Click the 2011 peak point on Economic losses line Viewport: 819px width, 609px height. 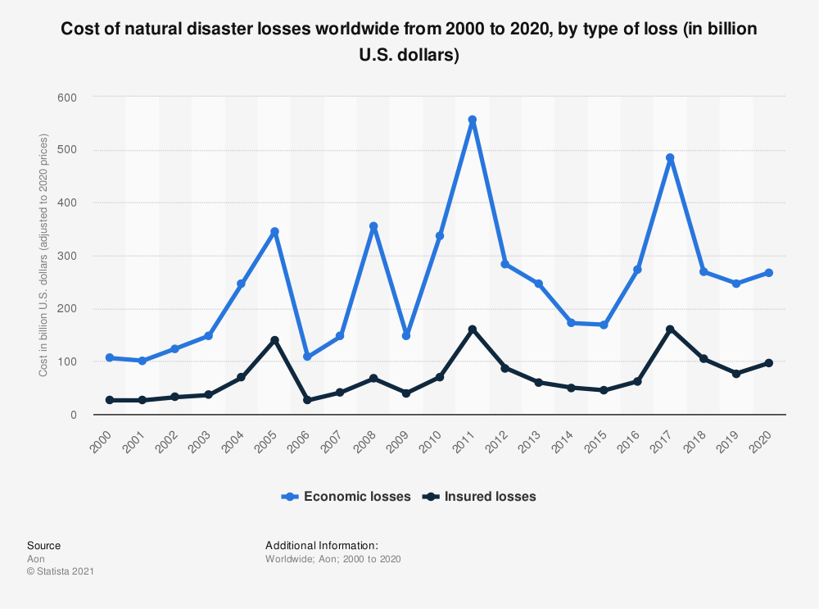[473, 120]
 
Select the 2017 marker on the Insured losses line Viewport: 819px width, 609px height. [670, 329]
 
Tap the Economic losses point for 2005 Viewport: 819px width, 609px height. [274, 231]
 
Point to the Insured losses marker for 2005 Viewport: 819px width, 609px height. [274, 340]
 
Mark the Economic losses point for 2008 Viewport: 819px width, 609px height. [373, 226]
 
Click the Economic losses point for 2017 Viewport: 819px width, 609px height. [670, 157]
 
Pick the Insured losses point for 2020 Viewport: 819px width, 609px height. [769, 363]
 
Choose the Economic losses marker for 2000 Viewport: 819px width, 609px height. [110, 358]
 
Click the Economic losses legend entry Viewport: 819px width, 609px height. [346, 496]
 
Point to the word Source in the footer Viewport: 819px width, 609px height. [43, 545]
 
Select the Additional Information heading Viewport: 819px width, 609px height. [321, 545]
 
